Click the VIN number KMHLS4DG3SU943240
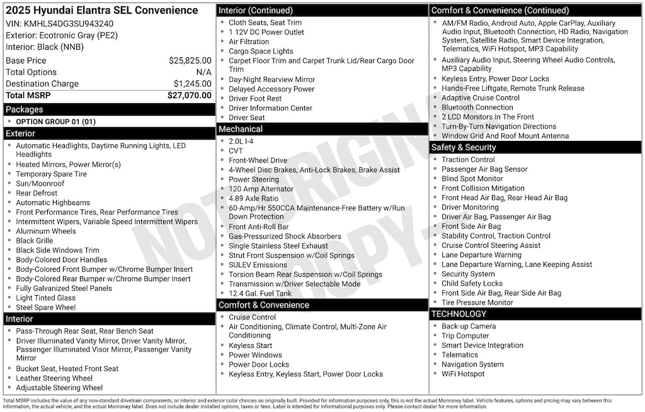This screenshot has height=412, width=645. click(69, 24)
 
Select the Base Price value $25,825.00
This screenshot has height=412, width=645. click(190, 61)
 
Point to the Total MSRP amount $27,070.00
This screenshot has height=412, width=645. click(189, 96)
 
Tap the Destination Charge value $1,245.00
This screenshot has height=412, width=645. click(192, 84)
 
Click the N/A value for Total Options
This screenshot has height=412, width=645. click(203, 72)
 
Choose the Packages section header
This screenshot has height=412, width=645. click(25, 109)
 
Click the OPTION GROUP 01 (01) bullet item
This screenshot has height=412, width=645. click(55, 122)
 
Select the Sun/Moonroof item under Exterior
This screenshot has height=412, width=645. click(40, 184)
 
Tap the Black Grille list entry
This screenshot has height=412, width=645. click(35, 241)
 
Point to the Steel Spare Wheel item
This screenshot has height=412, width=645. click(46, 308)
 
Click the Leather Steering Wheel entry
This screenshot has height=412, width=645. click(54, 379)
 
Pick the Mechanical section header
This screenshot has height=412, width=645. click(241, 130)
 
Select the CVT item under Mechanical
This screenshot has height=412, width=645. click(237, 151)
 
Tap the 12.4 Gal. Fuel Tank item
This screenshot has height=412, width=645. click(260, 294)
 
